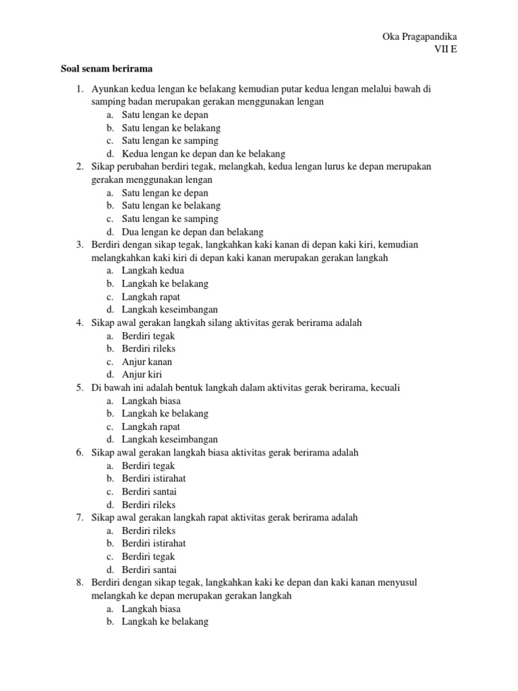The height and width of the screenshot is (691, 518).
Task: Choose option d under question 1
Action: pyautogui.click(x=203, y=154)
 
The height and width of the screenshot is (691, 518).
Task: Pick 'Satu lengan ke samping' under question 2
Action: pyautogui.click(x=170, y=219)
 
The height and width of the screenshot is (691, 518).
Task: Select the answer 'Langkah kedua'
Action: pyautogui.click(x=152, y=271)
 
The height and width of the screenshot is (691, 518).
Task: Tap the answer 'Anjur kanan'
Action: pyautogui.click(x=147, y=362)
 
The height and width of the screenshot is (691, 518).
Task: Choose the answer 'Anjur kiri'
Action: pyautogui.click(x=142, y=375)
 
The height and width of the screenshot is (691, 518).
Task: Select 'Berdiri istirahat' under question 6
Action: pyautogui.click(x=153, y=478)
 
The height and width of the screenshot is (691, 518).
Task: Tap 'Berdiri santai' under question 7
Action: pyautogui.click(x=149, y=570)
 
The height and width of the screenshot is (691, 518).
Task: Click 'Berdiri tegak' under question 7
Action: pyautogui.click(x=148, y=557)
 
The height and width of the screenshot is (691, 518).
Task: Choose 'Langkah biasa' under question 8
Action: pyautogui.click(x=151, y=609)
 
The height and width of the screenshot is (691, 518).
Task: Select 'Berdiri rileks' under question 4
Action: pyautogui.click(x=148, y=349)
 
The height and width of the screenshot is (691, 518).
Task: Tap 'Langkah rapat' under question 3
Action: pyautogui.click(x=151, y=297)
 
